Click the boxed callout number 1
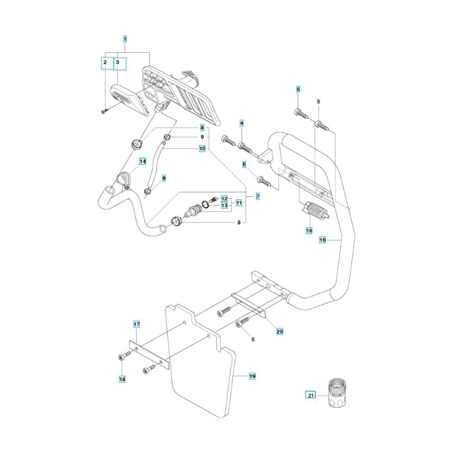tap(125, 39)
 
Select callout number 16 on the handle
tap(323, 240)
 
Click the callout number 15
tap(309, 230)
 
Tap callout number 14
tap(142, 161)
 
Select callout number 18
tap(122, 379)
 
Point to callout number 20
tap(279, 332)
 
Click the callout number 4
tap(242, 123)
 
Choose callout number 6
tap(244, 165)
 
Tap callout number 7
tap(257, 197)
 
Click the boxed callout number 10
tap(202, 148)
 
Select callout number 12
tap(224, 199)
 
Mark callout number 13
tap(224, 205)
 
